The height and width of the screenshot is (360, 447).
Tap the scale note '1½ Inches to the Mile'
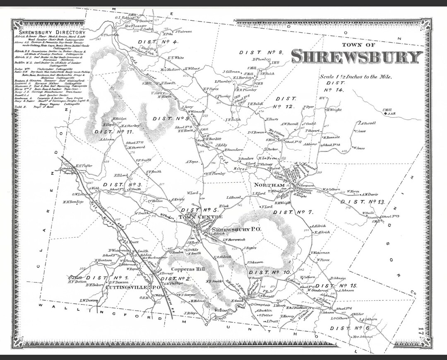click(355, 77)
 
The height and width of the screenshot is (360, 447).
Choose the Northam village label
click(269, 185)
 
